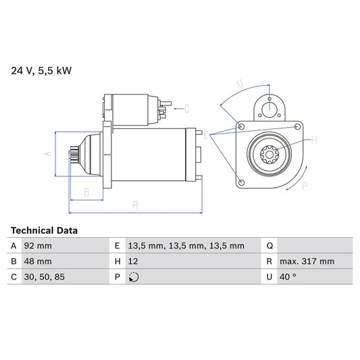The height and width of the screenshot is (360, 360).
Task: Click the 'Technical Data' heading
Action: click(x=44, y=230)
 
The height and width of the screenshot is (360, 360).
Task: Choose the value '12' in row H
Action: click(x=133, y=261)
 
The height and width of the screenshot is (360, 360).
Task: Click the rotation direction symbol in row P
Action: click(x=133, y=277)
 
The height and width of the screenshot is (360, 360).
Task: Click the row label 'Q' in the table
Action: click(x=270, y=246)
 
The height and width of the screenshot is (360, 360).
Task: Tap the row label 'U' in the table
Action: click(x=270, y=277)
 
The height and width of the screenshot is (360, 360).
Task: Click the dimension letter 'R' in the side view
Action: click(x=136, y=205)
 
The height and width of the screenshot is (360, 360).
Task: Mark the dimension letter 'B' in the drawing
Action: click(x=86, y=192)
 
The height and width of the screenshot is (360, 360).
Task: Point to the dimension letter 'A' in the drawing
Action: click(x=47, y=154)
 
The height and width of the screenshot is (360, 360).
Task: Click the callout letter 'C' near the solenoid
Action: click(x=186, y=108)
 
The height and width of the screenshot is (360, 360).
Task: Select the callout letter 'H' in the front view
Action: click(x=313, y=140)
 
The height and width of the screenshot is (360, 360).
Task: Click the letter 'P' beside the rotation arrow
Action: click(x=304, y=185)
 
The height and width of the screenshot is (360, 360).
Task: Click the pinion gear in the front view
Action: click(x=270, y=155)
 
